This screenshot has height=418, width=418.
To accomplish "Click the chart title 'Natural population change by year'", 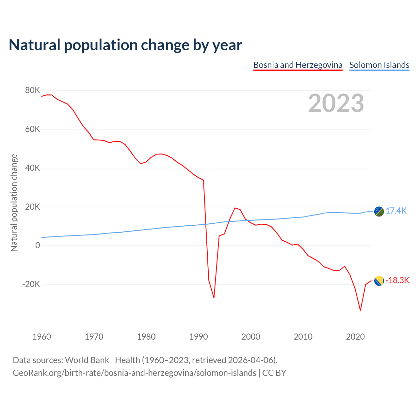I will (125, 45).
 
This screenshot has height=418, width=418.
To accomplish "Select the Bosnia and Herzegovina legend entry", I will (298, 65).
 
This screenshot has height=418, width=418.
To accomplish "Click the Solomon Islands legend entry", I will (379, 65).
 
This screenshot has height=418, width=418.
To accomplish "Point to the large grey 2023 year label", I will (336, 103).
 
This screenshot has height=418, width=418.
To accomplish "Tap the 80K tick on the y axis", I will (32, 90).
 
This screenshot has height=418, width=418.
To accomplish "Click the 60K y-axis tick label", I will (32, 129).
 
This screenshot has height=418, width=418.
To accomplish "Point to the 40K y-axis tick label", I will (32, 168).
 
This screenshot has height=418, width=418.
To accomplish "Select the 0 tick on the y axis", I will (38, 246).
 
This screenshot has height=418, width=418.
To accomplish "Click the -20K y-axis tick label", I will (31, 284).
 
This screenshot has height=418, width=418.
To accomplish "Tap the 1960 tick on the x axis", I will (42, 337).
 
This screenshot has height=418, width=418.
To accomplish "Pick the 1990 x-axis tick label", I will (199, 337).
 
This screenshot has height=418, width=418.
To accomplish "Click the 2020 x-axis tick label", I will (355, 337).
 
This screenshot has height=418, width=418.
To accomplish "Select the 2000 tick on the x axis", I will (251, 337).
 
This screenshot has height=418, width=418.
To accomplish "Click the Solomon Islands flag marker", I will (379, 211).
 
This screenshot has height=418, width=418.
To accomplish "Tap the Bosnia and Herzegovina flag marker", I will (379, 281).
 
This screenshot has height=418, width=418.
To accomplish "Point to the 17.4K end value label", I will (396, 211).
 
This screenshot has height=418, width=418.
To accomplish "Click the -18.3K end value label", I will (397, 281).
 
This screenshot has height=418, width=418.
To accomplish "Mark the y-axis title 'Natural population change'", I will (14, 202).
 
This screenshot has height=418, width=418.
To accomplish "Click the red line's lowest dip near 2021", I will (360, 310).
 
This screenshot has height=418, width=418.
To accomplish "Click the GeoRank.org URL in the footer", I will (134, 373).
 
